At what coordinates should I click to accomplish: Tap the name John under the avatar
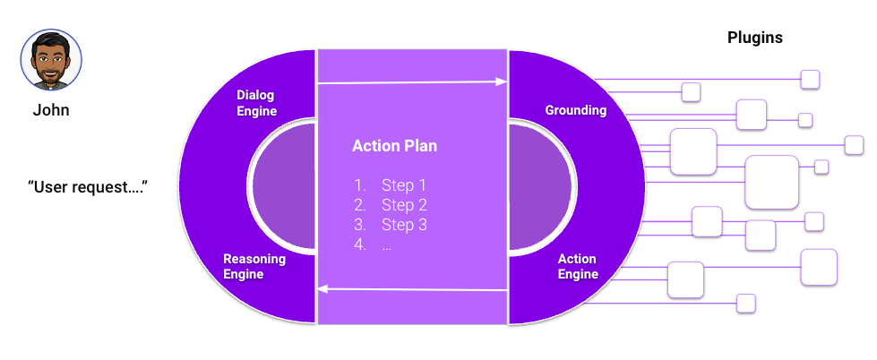tap(51, 111)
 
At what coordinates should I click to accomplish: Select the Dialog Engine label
tap(256, 103)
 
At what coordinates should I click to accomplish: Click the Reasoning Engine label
tap(254, 266)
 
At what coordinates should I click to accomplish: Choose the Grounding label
tap(576, 110)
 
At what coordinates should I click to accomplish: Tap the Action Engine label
tap(578, 266)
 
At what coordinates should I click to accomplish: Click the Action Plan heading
tap(395, 146)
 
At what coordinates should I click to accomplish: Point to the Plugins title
tap(754, 38)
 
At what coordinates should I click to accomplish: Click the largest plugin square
tap(771, 182)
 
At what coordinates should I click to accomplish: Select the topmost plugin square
tap(810, 79)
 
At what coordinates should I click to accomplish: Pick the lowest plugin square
tap(745, 303)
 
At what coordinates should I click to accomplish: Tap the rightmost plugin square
tap(854, 144)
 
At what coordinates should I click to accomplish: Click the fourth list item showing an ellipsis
tap(386, 244)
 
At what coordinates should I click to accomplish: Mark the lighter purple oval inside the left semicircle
tap(283, 187)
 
